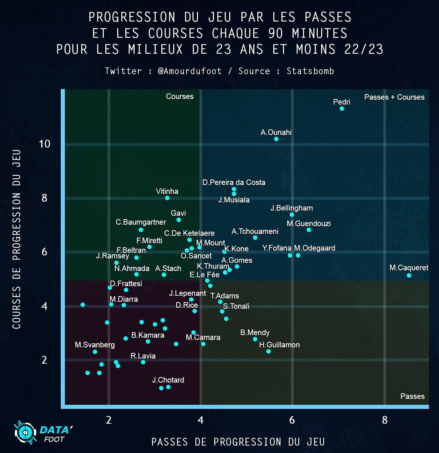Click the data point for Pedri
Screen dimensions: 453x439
click(x=342, y=109)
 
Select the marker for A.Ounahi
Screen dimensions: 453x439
click(x=276, y=139)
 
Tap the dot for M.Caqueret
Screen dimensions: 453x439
click(x=409, y=275)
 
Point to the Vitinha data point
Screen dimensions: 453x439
click(x=167, y=198)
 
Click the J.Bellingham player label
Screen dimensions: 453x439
click(x=291, y=208)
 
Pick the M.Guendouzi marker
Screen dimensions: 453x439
click(x=309, y=230)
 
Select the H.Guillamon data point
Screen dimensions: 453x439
click(x=268, y=351)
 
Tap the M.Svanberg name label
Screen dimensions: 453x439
click(x=95, y=345)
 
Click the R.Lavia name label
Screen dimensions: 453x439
click(x=143, y=356)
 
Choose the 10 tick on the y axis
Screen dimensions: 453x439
click(x=44, y=144)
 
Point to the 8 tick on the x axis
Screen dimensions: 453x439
click(x=384, y=420)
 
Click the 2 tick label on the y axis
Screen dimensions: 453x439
click(x=44, y=360)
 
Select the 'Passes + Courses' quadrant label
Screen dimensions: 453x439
click(x=394, y=97)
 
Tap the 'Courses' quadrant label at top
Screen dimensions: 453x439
click(x=179, y=96)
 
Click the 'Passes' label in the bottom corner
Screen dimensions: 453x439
click(x=412, y=396)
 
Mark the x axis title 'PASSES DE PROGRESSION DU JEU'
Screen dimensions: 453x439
click(x=238, y=442)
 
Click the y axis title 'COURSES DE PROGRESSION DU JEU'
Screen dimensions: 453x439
click(x=16, y=239)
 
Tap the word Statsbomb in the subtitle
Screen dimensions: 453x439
click(x=310, y=71)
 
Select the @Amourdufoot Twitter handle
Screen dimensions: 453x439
click(x=189, y=71)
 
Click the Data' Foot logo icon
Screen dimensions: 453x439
click(x=25, y=432)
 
